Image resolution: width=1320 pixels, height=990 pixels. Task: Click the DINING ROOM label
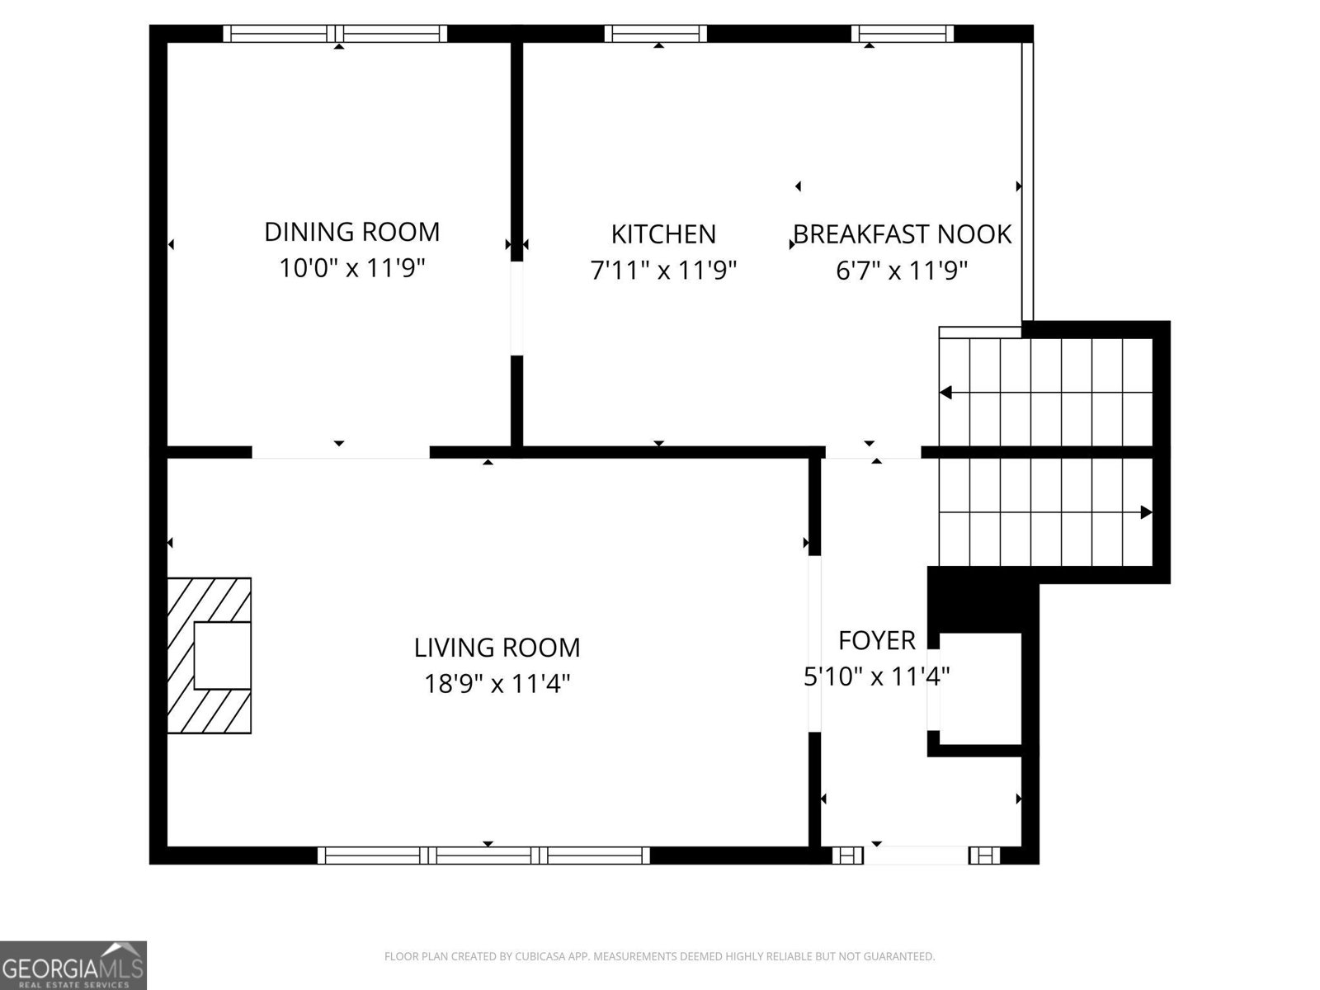(351, 232)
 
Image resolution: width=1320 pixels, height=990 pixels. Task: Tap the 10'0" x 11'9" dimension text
(351, 268)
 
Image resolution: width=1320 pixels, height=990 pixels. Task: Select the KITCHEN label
(663, 234)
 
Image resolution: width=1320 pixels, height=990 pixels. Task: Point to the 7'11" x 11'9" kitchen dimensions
(663, 271)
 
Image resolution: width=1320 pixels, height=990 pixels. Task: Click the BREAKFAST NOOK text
(902, 234)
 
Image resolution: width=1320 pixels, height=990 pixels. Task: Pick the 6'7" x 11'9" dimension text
(902, 271)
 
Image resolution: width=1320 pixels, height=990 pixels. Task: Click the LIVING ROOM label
(497, 648)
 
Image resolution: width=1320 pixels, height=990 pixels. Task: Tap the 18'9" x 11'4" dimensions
(497, 684)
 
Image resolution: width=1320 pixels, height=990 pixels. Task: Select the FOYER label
(876, 640)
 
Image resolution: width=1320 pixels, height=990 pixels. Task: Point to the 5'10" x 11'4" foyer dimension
(876, 676)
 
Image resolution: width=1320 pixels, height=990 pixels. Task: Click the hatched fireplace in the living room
(210, 655)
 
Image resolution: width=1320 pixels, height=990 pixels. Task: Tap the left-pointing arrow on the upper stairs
(947, 393)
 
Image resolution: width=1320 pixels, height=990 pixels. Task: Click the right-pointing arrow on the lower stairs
(1145, 512)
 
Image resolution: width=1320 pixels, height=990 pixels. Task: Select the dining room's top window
(335, 33)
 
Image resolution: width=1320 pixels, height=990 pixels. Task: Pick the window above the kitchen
(656, 33)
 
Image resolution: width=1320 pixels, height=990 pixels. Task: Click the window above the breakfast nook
(903, 33)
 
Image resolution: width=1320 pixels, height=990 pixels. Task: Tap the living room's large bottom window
(484, 856)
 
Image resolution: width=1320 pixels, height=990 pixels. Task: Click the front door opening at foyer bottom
(916, 856)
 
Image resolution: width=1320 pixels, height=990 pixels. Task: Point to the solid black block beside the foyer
(982, 600)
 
